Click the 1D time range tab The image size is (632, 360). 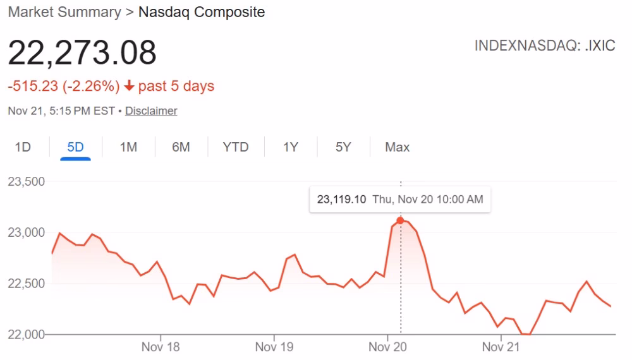pyautogui.click(x=23, y=147)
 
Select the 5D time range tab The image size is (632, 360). pyautogui.click(x=75, y=147)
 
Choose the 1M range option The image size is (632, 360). pyautogui.click(x=128, y=147)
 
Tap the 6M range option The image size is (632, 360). pyautogui.click(x=181, y=147)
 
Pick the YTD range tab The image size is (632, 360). pyautogui.click(x=236, y=147)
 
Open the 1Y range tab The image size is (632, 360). pyautogui.click(x=290, y=147)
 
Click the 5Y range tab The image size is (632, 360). pyautogui.click(x=343, y=147)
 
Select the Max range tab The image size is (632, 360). pyautogui.click(x=398, y=147)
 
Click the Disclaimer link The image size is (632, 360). pyautogui.click(x=151, y=111)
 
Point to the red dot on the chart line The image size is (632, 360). pyautogui.click(x=400, y=220)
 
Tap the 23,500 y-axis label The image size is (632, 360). pyautogui.click(x=26, y=182)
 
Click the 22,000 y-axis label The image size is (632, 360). pyautogui.click(x=26, y=334)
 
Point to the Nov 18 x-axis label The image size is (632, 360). pyautogui.click(x=161, y=347)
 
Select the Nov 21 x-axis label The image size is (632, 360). pyautogui.click(x=501, y=347)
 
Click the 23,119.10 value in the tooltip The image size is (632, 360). pyautogui.click(x=342, y=200)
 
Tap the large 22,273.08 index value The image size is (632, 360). pyautogui.click(x=82, y=52)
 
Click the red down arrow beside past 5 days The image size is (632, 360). pyautogui.click(x=130, y=86)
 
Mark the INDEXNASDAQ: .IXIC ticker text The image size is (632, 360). pyautogui.click(x=545, y=47)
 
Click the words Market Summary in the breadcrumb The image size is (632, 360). pyautogui.click(x=64, y=12)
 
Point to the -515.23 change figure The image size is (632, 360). pyautogui.click(x=33, y=86)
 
